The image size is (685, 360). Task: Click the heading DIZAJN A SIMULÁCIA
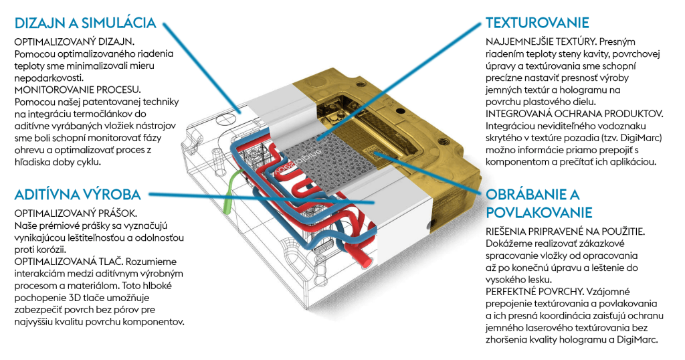pos(85,23)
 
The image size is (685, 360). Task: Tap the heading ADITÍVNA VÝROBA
pos(78,195)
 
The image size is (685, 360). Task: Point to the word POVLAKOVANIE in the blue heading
pos(539,213)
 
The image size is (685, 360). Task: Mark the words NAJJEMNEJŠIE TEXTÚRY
pos(539,42)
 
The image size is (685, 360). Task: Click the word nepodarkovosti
pos(51,78)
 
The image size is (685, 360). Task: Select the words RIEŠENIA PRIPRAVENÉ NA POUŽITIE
pos(565,232)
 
